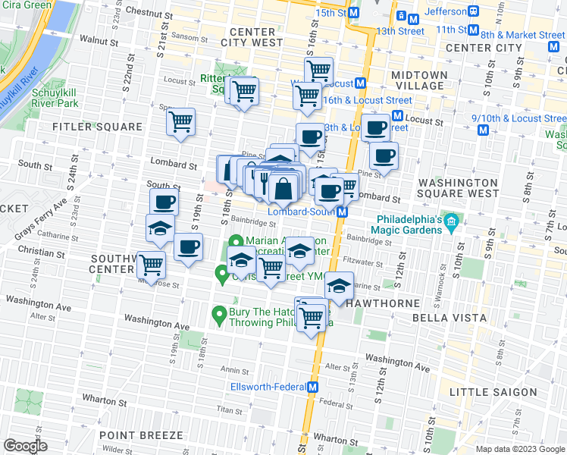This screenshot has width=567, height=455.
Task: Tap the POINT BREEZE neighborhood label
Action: (x=140, y=435)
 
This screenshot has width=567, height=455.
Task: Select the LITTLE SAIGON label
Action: (x=493, y=392)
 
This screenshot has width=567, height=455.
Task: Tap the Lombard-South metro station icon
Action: (x=343, y=212)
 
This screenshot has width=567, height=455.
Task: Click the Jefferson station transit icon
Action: (x=473, y=11)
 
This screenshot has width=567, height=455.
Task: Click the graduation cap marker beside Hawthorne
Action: (x=339, y=287)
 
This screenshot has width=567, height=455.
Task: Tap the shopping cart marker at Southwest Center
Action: (x=152, y=265)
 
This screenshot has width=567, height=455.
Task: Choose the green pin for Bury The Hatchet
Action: (x=219, y=312)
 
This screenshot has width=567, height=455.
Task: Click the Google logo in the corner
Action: (x=24, y=446)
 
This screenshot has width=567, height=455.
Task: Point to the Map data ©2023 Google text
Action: (x=520, y=449)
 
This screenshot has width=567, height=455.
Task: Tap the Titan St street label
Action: (x=228, y=409)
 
